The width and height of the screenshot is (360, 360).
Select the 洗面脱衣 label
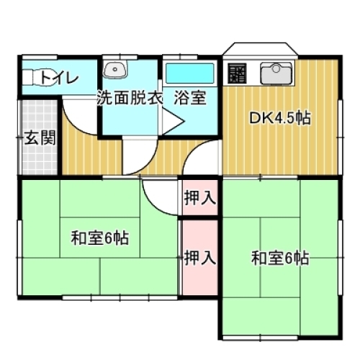(130, 99)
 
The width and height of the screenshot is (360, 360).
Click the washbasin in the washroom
(115, 71)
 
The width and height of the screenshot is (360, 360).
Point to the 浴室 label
(190, 99)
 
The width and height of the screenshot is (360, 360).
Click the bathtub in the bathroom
(190, 73)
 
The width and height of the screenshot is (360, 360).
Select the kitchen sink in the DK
(274, 72)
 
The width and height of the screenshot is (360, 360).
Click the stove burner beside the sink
(238, 72)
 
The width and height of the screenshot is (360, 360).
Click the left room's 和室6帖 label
(99, 238)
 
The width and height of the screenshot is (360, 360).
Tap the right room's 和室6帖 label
(281, 257)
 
